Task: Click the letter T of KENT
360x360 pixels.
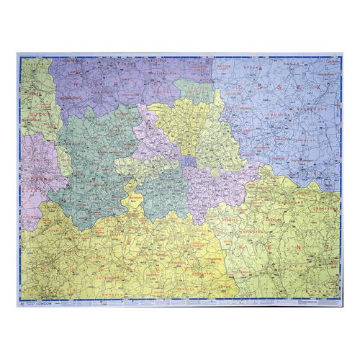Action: [328, 245]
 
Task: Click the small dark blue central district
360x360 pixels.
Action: [189, 161]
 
